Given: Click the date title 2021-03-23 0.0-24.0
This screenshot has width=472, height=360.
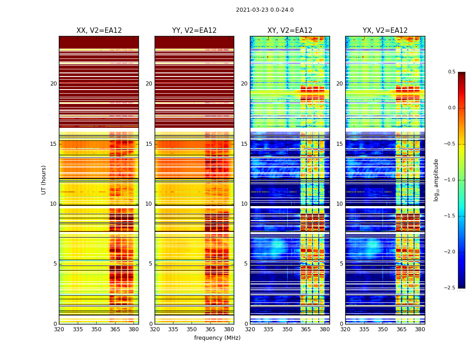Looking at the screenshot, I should point(264,10).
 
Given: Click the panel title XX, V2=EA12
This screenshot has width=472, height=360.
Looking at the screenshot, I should point(99,31).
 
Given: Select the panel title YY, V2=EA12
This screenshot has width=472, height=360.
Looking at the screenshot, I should point(194,31).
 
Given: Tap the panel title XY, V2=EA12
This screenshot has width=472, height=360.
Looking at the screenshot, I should point(289,31).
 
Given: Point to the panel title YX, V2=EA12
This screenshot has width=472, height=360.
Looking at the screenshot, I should point(385,31).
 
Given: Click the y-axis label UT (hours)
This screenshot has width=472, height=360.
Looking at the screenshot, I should point(44,180).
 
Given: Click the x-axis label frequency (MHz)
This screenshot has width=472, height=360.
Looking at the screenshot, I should point(217,338).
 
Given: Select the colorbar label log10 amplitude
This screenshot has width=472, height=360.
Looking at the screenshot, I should point(436,180).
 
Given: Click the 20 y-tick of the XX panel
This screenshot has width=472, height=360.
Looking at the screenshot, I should point(53,84).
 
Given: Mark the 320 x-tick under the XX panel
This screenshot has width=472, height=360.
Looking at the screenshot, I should point(59,329).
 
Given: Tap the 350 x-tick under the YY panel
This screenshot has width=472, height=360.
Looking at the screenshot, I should point(191,329).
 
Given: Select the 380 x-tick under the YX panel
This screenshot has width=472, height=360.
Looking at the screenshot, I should point(420,329).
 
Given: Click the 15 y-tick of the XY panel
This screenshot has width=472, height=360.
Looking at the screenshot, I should point(244,144).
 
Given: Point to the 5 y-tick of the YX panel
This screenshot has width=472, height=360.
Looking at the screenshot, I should point(341,264).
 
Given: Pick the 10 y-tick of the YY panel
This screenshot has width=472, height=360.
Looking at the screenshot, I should point(149,204).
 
